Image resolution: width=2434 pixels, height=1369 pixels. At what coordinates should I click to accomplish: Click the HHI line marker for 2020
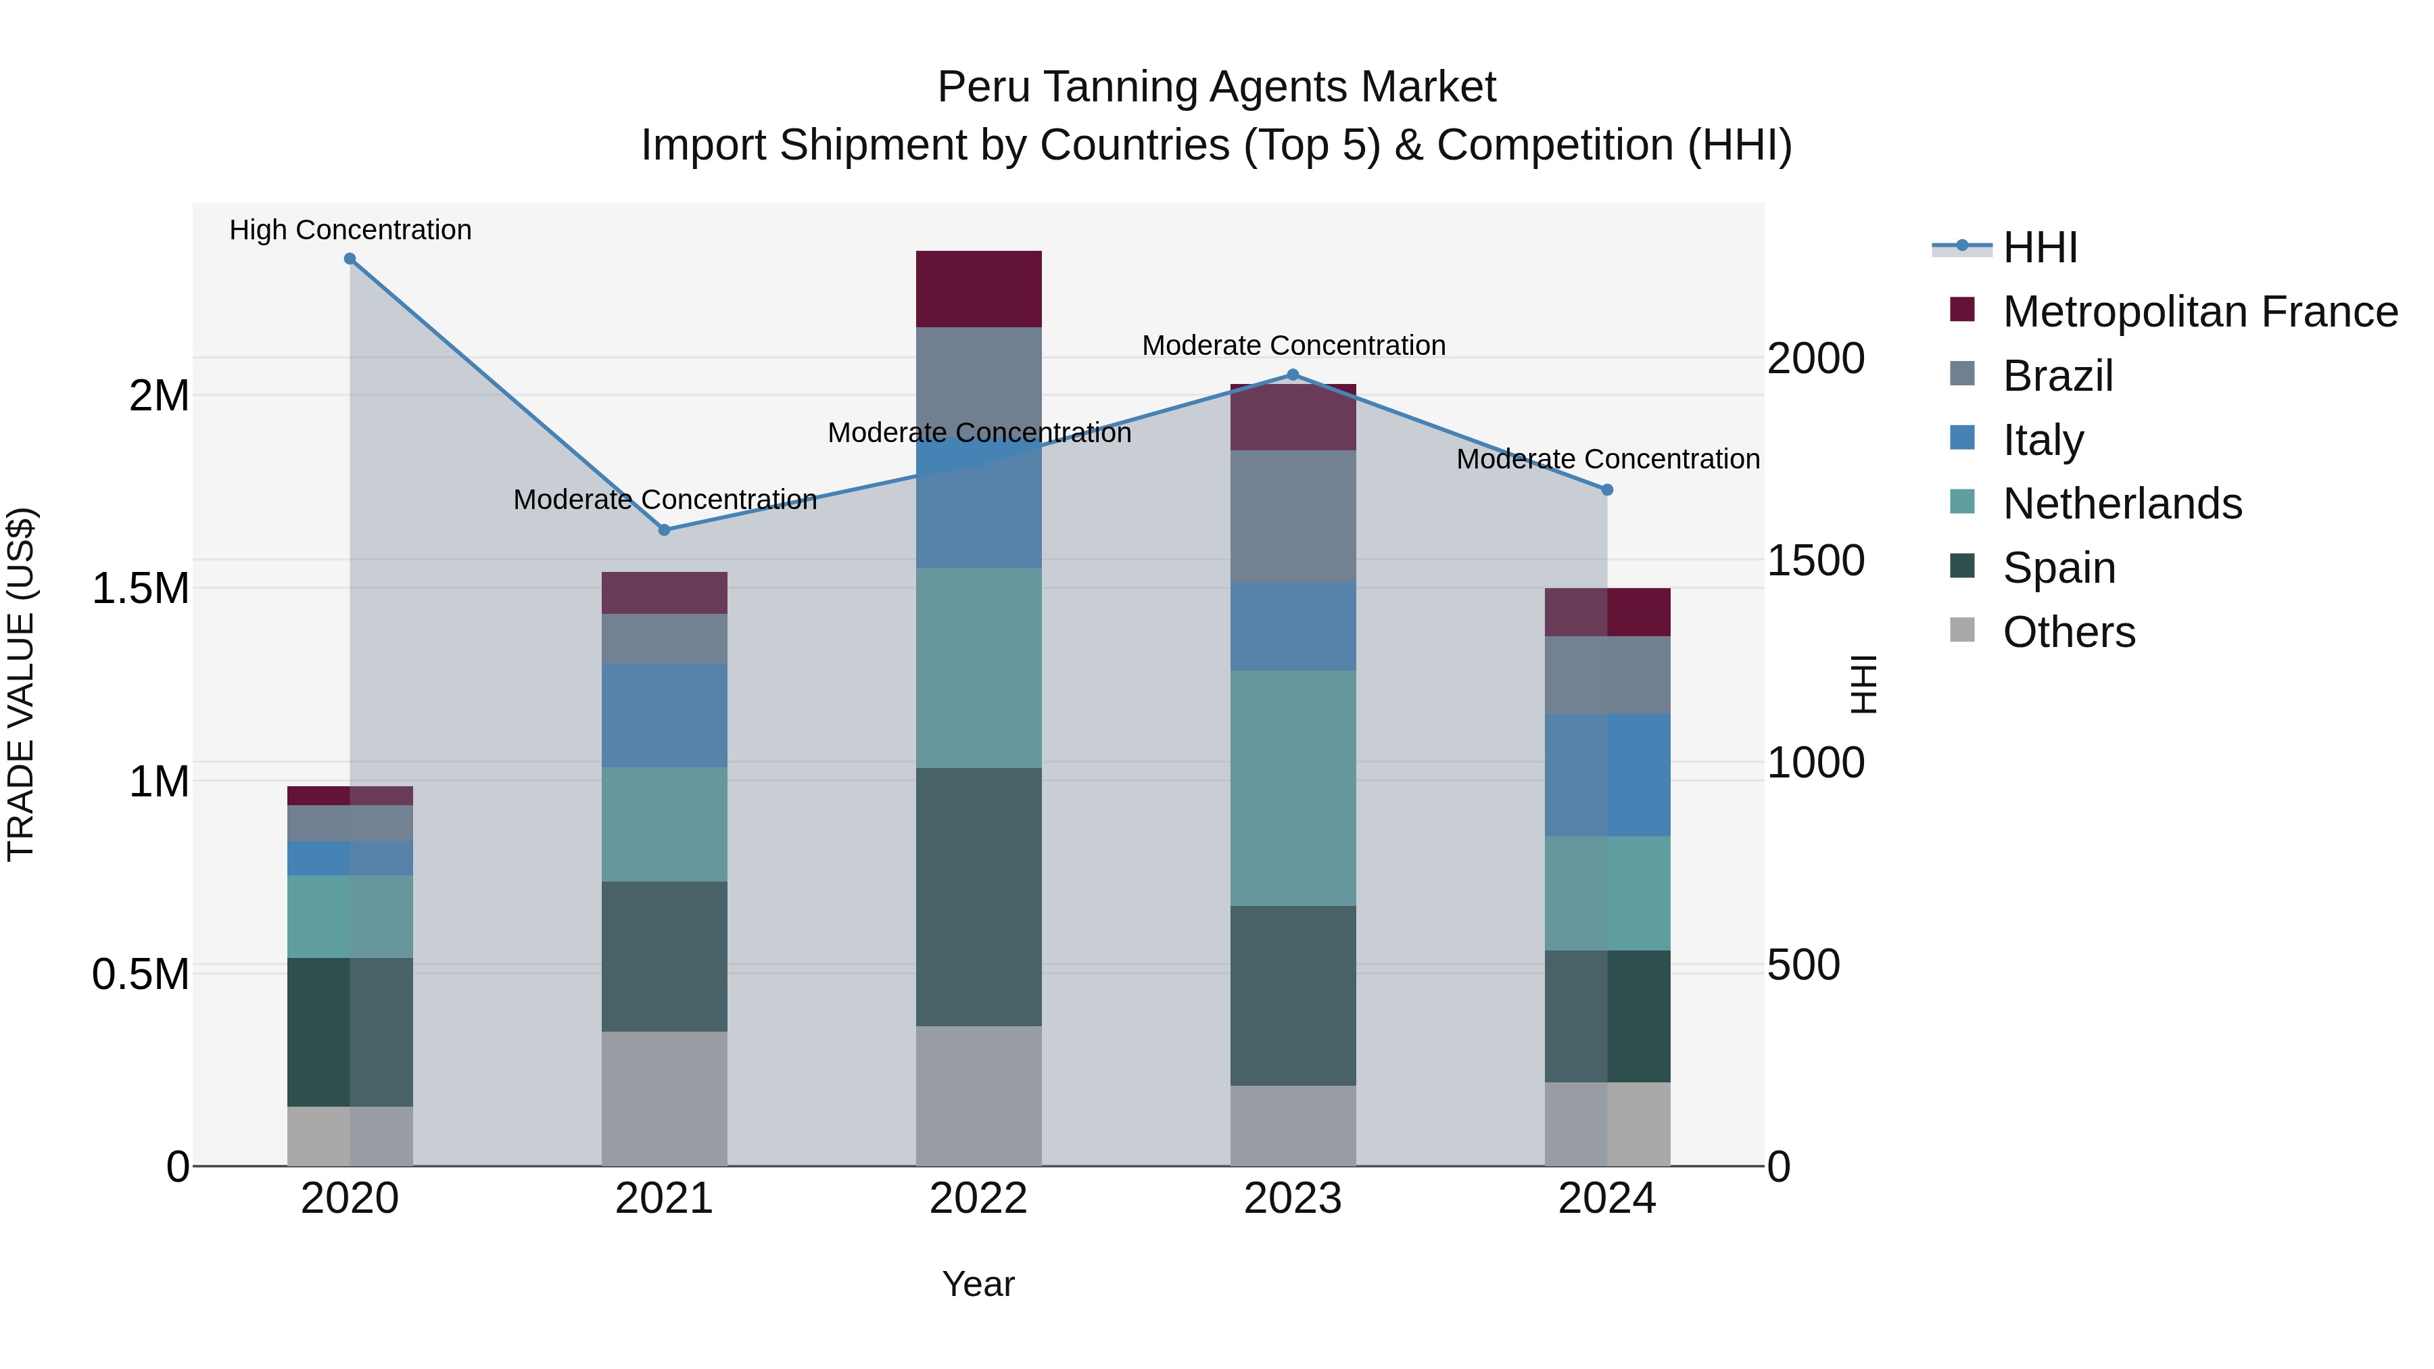(x=350, y=259)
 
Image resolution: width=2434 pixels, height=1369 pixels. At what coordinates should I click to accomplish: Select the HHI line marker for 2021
(x=664, y=530)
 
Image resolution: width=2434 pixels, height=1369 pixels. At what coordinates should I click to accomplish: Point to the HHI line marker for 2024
(x=1607, y=489)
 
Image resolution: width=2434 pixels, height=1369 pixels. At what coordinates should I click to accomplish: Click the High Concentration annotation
(x=350, y=230)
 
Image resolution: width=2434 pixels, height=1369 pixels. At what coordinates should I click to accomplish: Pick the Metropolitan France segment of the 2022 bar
(x=979, y=289)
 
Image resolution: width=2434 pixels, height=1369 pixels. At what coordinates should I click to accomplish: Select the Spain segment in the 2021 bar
(x=664, y=956)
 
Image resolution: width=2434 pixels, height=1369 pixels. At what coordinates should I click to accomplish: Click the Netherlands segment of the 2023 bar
(x=1293, y=788)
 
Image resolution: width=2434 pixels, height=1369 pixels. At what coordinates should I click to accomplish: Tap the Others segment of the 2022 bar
(x=979, y=1096)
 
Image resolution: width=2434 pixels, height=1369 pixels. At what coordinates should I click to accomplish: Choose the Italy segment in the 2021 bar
(x=664, y=715)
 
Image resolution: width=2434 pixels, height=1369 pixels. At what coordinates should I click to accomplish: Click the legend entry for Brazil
(x=2057, y=375)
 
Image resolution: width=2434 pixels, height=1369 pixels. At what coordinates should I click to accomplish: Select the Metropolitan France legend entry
(x=2199, y=312)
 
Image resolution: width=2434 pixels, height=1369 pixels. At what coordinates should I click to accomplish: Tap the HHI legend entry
(x=2039, y=247)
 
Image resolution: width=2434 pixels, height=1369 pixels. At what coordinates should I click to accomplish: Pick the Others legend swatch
(x=1963, y=630)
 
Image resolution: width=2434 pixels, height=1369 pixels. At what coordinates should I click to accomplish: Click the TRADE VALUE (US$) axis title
(x=21, y=684)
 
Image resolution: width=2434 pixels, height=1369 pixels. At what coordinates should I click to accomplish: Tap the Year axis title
(x=978, y=1284)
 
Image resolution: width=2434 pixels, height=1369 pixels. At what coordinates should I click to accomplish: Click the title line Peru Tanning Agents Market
(x=1216, y=87)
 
